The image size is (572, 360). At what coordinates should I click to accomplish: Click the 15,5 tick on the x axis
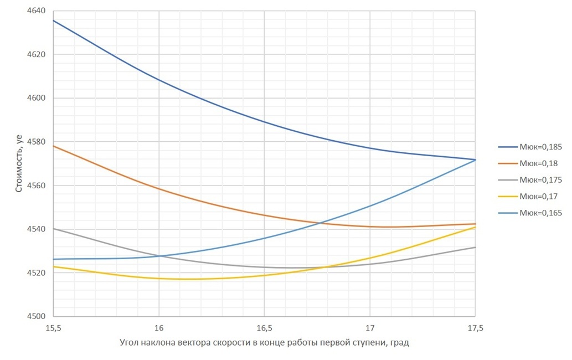click(x=53, y=328)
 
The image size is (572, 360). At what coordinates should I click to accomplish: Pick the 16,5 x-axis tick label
click(x=264, y=328)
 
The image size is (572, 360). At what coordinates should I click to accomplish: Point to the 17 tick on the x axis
click(x=370, y=328)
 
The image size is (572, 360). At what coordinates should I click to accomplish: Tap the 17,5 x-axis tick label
click(x=475, y=328)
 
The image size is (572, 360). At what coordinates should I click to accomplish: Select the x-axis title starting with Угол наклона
click(x=264, y=343)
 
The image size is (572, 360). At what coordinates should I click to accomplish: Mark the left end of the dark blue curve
click(x=54, y=20)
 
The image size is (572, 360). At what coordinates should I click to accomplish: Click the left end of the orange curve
click(x=54, y=146)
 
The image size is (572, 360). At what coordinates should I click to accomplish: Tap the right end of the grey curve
click(x=475, y=247)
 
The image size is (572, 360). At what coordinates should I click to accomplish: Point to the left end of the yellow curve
click(x=54, y=267)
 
